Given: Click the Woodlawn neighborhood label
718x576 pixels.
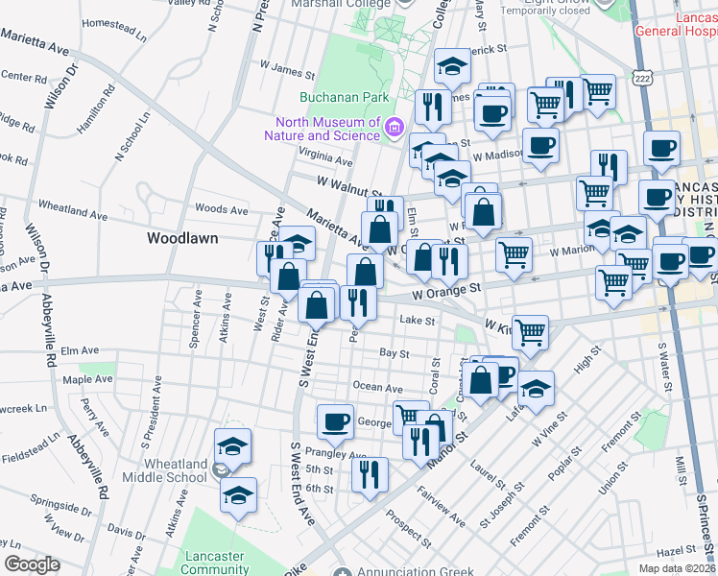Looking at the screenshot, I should pos(182,237).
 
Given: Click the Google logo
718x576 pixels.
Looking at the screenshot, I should pos(32,564).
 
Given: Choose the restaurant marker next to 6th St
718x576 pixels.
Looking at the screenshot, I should pos(370,474).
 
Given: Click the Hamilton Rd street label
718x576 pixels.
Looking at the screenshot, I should pos(97,108).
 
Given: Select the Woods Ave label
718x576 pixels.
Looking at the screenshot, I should pos(222,209).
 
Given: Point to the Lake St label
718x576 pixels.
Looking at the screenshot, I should pos(418,321).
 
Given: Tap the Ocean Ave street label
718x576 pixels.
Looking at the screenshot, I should pos(377,388).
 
